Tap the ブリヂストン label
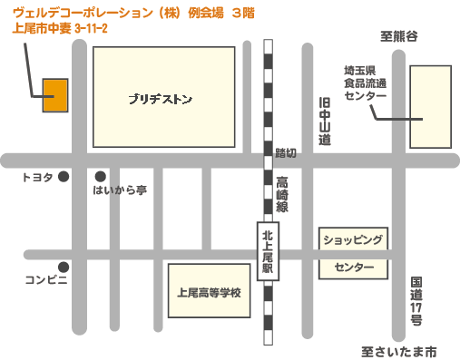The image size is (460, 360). point(160,99)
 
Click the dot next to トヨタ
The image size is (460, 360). point(64,177)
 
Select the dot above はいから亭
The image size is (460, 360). point(100,176)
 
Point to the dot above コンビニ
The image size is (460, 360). point(64,266)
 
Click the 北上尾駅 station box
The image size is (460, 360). point(268,252)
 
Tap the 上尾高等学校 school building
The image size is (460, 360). point(210,292)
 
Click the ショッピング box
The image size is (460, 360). point(353,239)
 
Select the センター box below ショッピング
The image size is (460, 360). point(353,268)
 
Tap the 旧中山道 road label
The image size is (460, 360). point(325,122)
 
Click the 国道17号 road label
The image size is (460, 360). point(416,301)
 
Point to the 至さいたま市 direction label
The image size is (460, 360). point(398,350)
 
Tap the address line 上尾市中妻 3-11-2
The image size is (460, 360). point(56,28)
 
